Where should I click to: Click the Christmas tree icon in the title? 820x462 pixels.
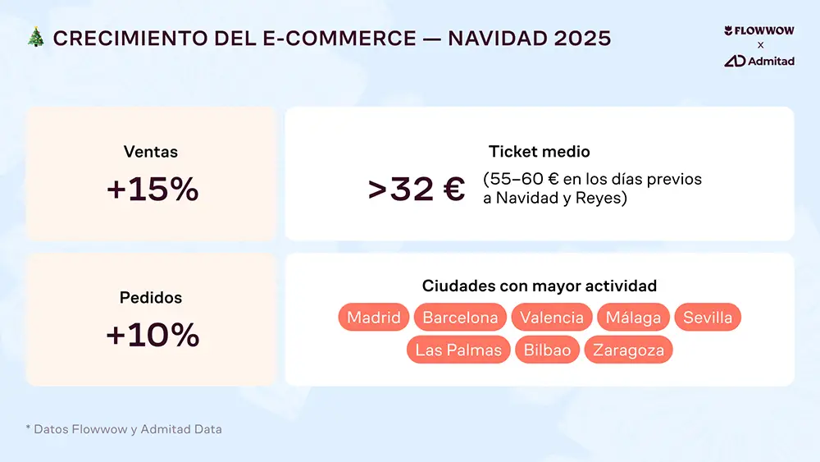pos(35,38)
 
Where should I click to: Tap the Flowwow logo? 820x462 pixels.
pos(759,31)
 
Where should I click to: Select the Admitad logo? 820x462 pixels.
pos(759,61)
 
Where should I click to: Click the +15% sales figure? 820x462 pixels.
pos(153,190)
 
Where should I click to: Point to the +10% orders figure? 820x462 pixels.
pos(153,335)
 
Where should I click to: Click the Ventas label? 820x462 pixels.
pos(151,152)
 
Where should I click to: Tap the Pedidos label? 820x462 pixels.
pos(151,298)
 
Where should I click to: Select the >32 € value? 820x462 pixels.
pos(417,190)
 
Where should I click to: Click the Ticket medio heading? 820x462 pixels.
pos(539,152)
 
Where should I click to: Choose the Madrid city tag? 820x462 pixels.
pos(374,318)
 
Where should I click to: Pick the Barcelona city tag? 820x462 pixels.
pos(460,318)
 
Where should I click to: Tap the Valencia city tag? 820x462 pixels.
pos(552,318)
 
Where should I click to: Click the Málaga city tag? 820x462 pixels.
pos(633,318)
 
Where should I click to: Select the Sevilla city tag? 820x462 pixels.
pos(708,318)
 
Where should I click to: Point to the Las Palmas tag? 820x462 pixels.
pos(458,350)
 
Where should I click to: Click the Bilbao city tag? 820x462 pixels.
pos(547,350)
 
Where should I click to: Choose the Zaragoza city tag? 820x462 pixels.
pos(628,350)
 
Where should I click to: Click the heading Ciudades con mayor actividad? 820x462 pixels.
pos(539,286)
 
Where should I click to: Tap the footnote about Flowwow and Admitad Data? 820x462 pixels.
pos(124,429)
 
